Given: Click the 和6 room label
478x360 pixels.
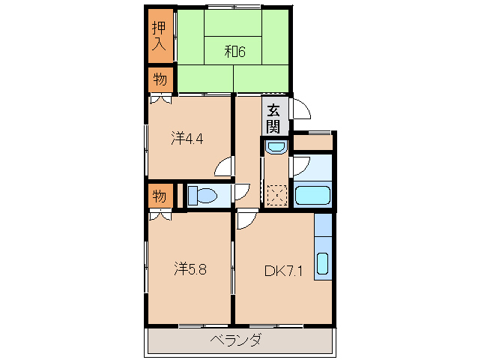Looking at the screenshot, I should point(235,52).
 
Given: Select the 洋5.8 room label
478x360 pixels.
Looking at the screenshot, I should point(192,268).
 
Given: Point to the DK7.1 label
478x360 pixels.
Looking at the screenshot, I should point(283,271).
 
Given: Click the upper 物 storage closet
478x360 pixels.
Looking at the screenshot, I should point(160,79).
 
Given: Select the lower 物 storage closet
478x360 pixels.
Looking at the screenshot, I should point(160,196).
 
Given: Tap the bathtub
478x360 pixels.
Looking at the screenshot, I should point(312,196).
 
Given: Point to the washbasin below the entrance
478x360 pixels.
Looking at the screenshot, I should point(274,146).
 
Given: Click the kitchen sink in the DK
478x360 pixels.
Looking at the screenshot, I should point(323,264).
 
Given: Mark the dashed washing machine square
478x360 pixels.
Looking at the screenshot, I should point(276,196).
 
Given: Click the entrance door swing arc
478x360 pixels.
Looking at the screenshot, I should point(301,109).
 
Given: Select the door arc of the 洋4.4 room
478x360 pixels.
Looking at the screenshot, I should point(225,169).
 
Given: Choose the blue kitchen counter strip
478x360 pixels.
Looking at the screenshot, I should point(323,245).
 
